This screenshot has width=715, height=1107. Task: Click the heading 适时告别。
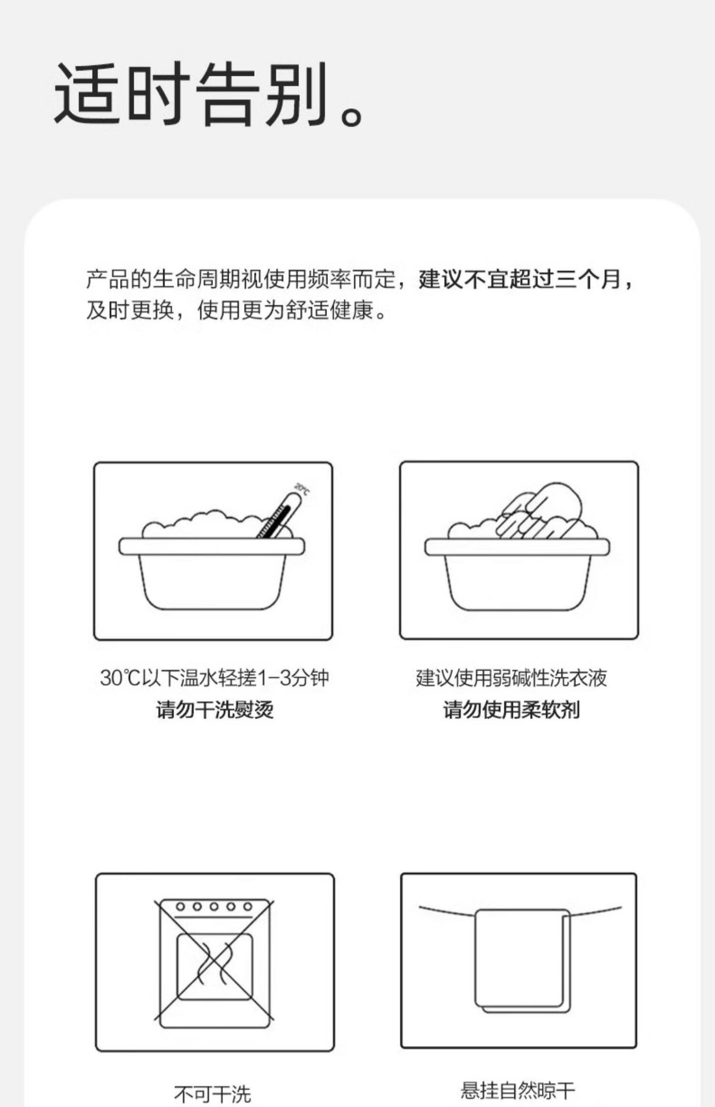click(210, 94)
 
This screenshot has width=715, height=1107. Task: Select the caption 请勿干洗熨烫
click(215, 710)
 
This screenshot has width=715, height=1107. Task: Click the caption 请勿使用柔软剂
click(511, 710)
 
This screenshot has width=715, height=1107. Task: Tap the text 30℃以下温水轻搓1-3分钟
click(214, 678)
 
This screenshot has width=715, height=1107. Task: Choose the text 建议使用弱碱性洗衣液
click(511, 678)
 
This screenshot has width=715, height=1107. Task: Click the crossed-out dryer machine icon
click(214, 963)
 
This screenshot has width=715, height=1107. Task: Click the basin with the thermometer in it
click(212, 574)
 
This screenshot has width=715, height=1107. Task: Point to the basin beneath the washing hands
click(517, 574)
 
